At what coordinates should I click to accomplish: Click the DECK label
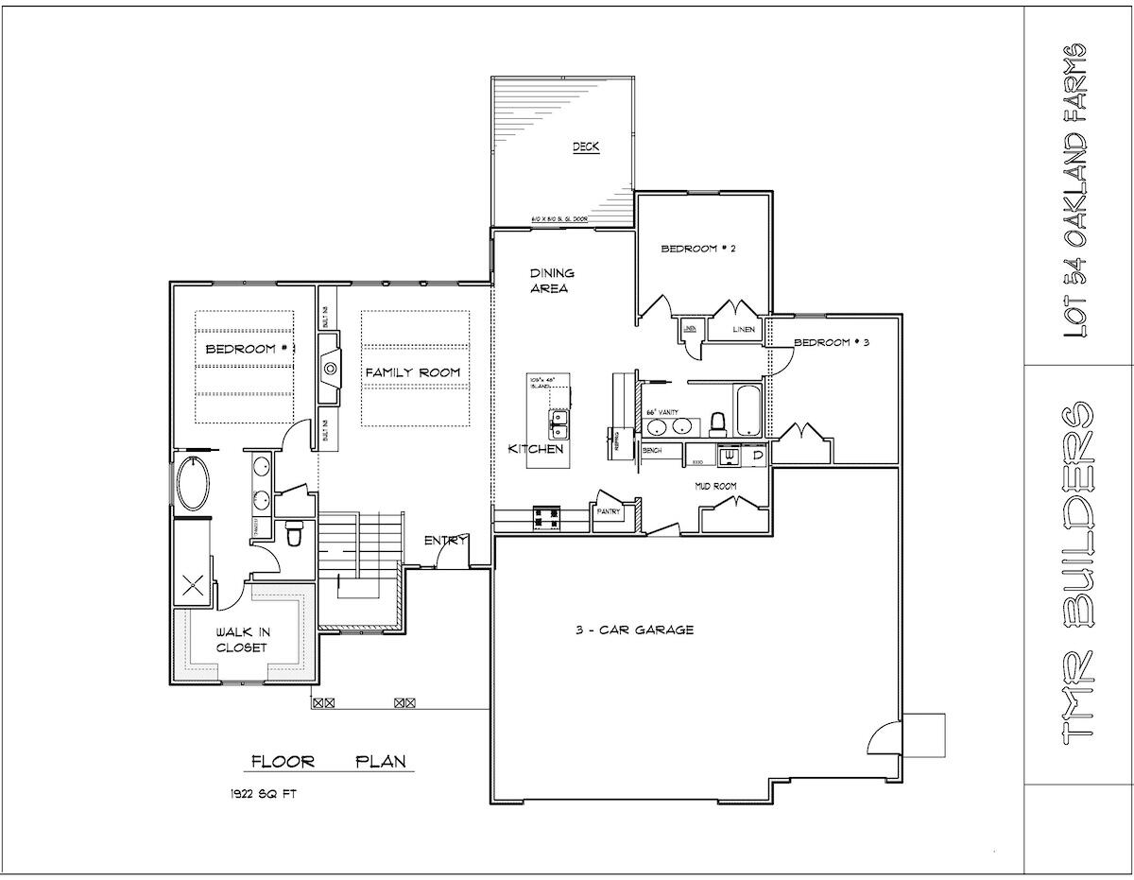pos(586,147)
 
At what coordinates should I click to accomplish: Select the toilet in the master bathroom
pos(293,536)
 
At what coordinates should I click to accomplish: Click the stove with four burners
pos(547,517)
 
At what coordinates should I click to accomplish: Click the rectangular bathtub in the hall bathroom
pos(747,411)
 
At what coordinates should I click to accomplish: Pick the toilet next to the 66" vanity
pos(717,423)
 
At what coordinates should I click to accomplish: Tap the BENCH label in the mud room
pos(651,451)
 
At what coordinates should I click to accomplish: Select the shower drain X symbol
pos(193,584)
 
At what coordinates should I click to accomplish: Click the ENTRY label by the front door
pos(446,540)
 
